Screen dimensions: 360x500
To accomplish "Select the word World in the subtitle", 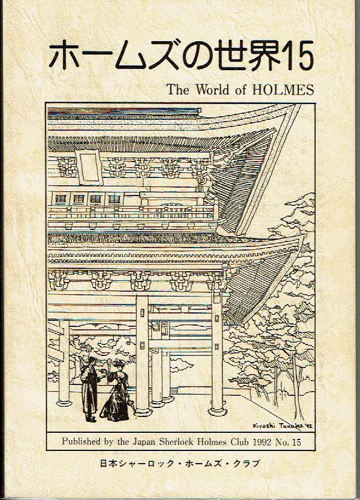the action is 213,90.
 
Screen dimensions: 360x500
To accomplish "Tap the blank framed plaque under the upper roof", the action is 89,167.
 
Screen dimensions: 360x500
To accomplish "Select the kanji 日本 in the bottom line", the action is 108,463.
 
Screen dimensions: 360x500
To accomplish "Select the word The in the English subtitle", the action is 178,90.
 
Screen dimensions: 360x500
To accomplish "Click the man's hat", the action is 92,359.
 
